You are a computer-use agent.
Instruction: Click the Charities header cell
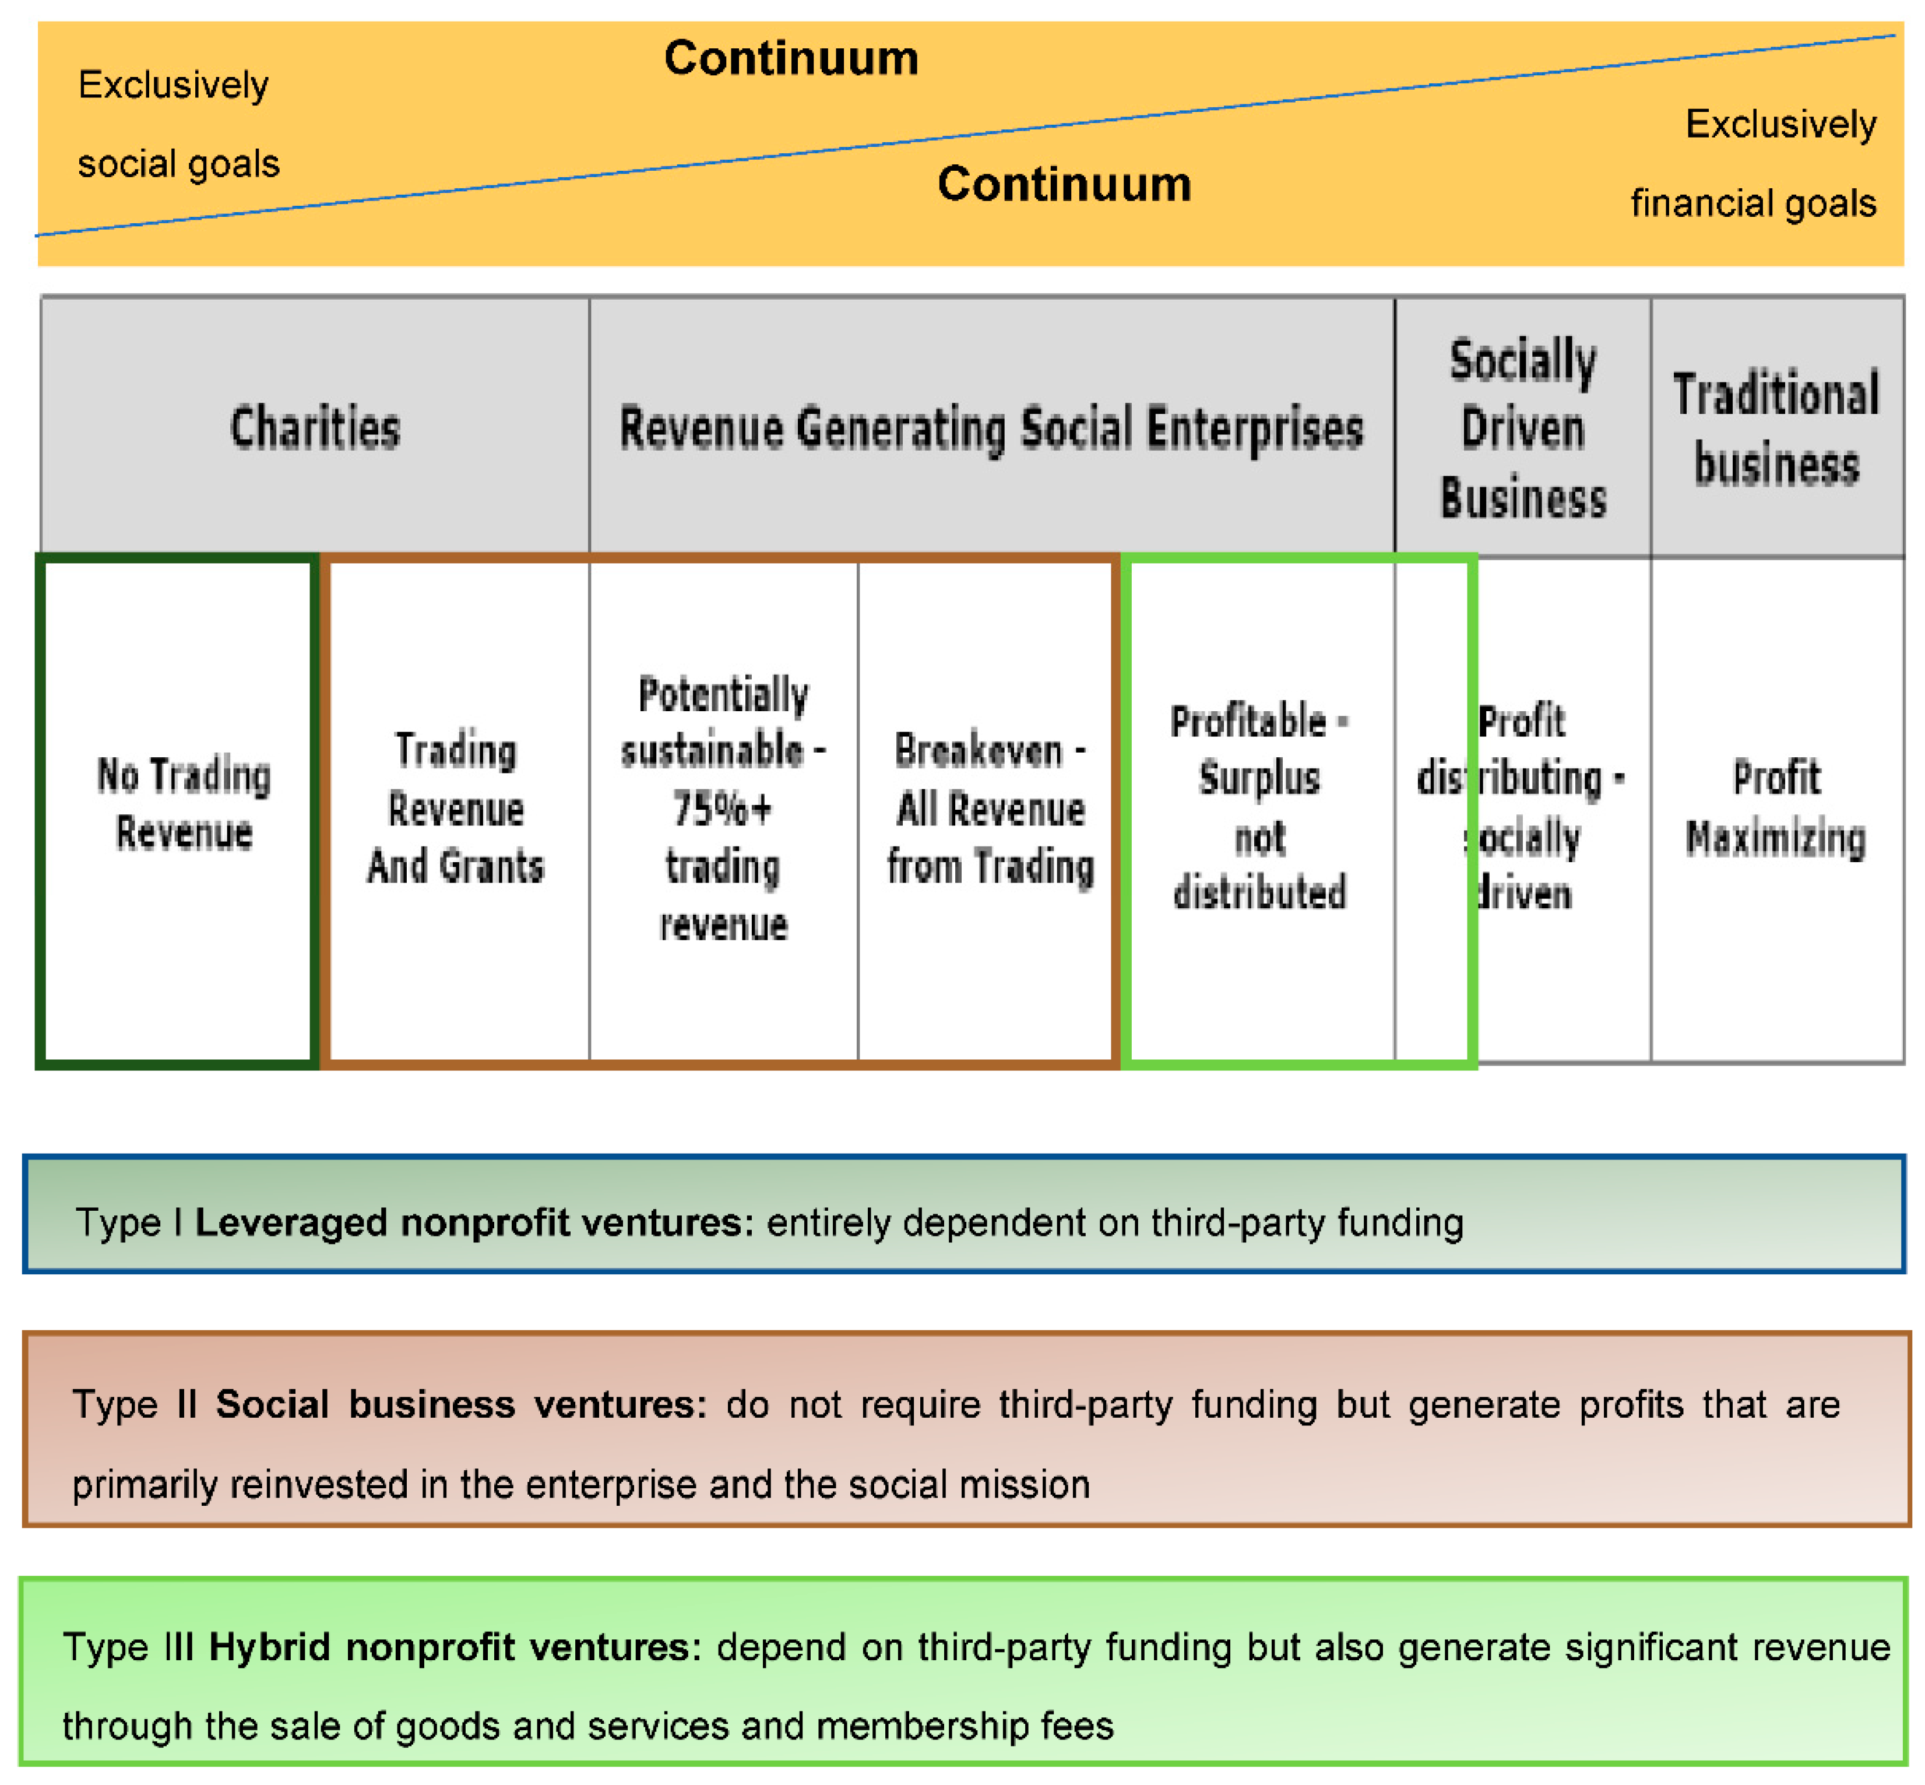(315, 428)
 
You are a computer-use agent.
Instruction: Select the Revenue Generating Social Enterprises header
(991, 428)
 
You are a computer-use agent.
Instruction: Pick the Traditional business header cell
(1776, 428)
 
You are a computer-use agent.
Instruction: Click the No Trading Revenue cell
(184, 804)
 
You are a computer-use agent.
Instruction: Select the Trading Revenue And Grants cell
(455, 809)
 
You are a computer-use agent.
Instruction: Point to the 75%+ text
(723, 809)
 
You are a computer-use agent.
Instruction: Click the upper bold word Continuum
(791, 58)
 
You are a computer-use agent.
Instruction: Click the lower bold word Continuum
(1064, 184)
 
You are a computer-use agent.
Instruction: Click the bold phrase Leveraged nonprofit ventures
(473, 1223)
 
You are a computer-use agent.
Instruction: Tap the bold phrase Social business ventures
(461, 1404)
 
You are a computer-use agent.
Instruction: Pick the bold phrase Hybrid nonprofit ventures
(455, 1647)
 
